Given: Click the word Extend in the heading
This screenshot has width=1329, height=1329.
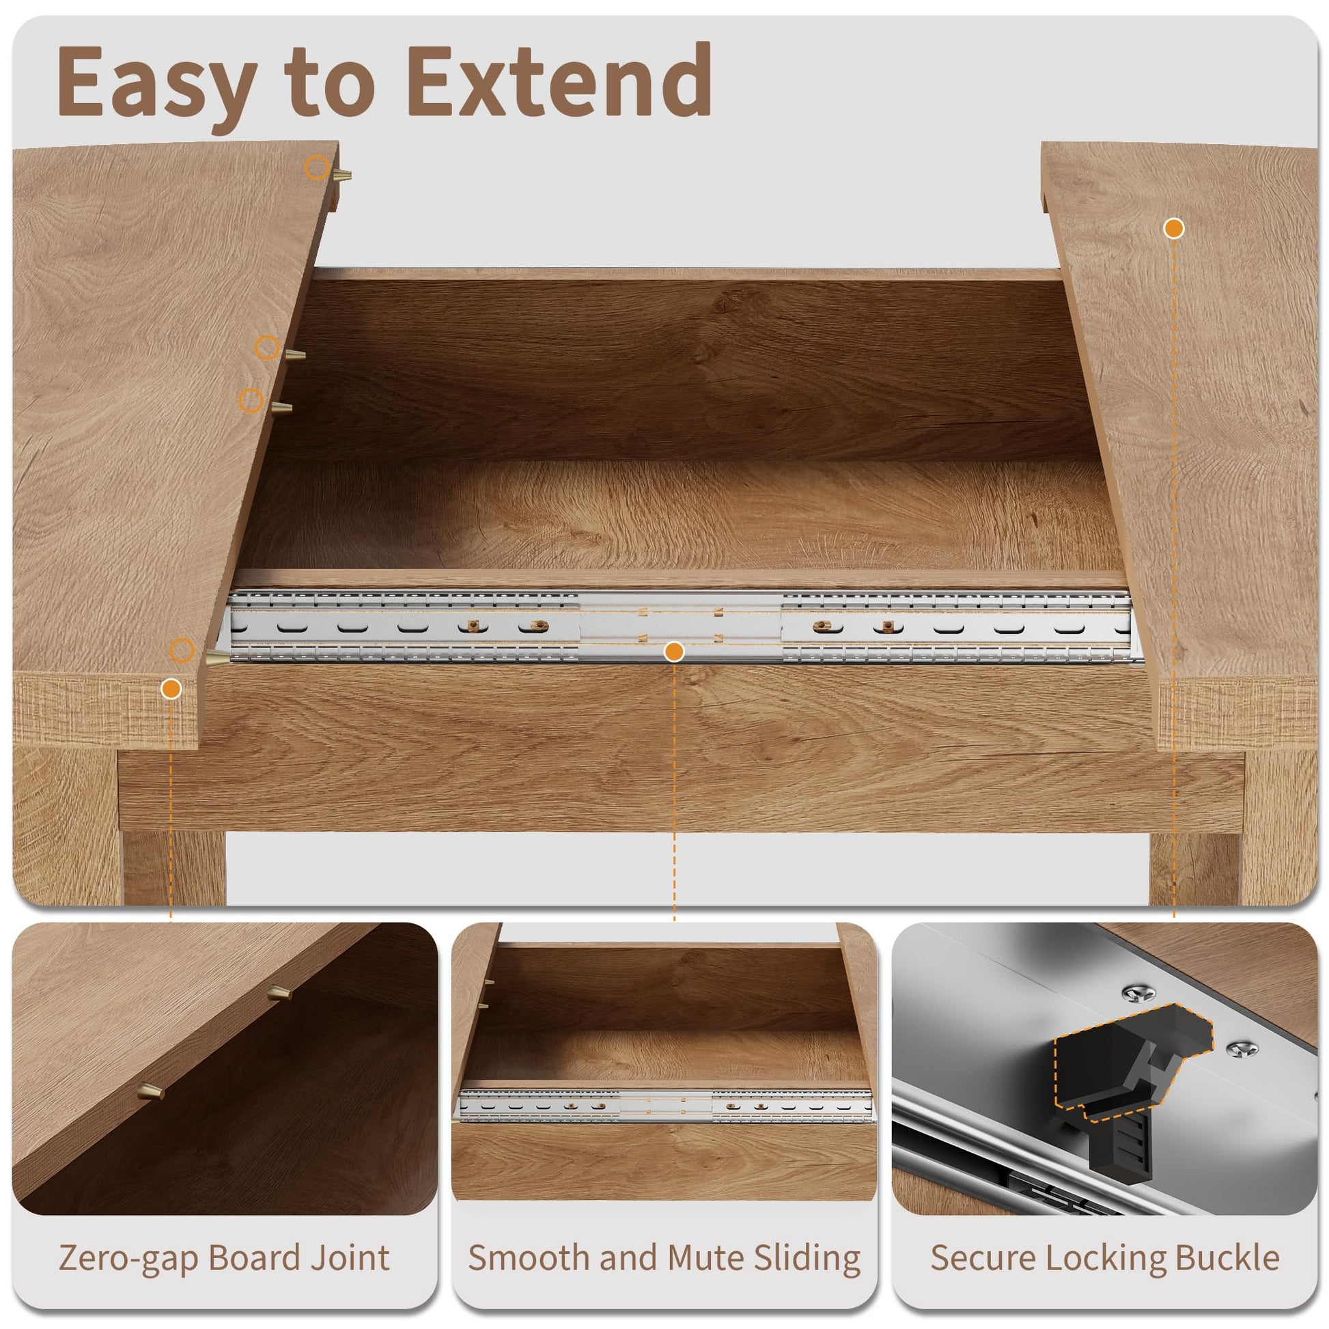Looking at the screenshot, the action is pos(559,81).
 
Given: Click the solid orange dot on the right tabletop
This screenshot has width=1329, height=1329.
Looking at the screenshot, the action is pos(1173,228).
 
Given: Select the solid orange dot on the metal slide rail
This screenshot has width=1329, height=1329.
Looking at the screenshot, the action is pos(674,651).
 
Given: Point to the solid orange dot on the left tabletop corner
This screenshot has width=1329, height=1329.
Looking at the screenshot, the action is pos(171,688).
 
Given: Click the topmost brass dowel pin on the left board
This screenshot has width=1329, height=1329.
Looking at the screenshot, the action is pos(342,175).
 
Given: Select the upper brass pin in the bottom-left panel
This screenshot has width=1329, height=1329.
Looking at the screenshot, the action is pos(279,992).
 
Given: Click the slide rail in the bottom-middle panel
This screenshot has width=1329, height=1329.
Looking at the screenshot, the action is pos(667,1106).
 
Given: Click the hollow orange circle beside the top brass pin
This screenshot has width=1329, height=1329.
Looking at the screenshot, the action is pos(316,167).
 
